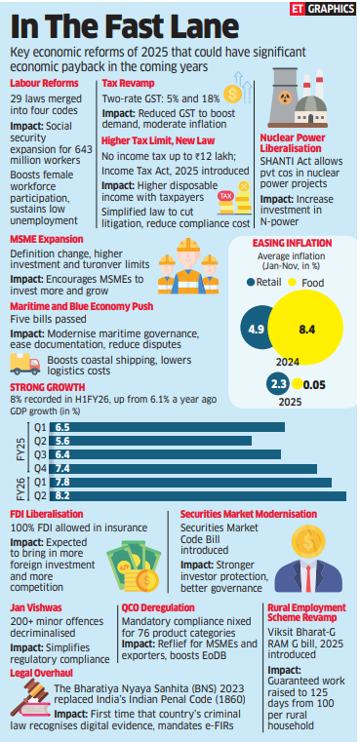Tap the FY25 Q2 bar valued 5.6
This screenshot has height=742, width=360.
[x=152, y=441]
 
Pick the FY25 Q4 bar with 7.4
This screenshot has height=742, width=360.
[x=184, y=468]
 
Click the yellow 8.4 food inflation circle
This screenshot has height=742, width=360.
[x=305, y=329]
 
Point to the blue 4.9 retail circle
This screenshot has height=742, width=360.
[x=255, y=329]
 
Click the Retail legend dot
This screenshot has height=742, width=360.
[x=251, y=283]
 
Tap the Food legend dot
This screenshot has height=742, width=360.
[x=293, y=283]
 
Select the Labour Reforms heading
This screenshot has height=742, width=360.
[x=44, y=84]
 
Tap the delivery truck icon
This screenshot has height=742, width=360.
[x=25, y=364]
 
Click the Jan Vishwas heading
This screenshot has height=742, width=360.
[x=33, y=607]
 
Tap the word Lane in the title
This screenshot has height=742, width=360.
[x=198, y=28]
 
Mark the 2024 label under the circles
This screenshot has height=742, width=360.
[x=288, y=362]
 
